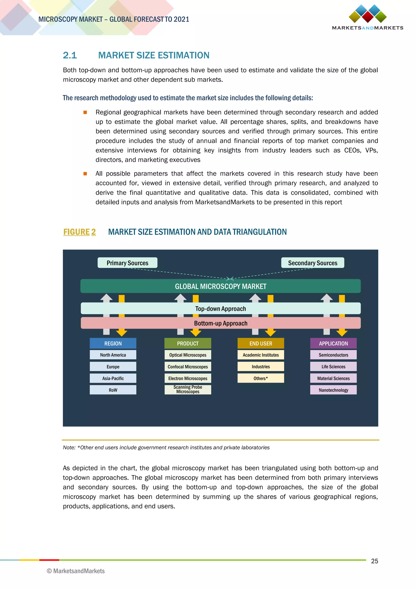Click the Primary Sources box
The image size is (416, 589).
coord(127,263)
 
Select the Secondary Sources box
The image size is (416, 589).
coord(313,263)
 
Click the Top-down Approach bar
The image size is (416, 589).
coord(220,308)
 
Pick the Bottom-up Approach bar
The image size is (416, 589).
coord(220,323)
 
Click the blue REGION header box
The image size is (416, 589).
coord(113,343)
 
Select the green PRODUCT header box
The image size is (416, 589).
coord(188,343)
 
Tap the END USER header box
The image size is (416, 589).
coord(261,343)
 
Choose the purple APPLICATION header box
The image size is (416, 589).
coord(333,343)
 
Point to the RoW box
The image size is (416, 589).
coord(113,390)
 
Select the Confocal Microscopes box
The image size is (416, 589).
coord(188,366)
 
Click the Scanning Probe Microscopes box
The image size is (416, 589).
coord(188,389)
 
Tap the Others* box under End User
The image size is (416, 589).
coord(261,378)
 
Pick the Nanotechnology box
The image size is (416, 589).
coord(333,390)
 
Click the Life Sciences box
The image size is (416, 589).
coord(333,366)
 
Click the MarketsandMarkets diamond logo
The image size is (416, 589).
coord(368,14)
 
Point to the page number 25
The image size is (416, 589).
coord(375,561)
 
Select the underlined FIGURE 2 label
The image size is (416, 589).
coord(79,232)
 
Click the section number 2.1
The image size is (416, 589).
coord(70,55)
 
